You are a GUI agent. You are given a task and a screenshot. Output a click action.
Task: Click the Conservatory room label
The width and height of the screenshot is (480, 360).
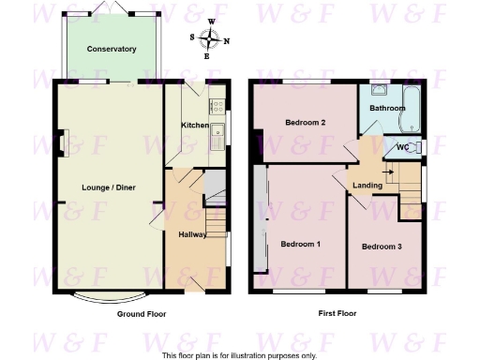(112, 49)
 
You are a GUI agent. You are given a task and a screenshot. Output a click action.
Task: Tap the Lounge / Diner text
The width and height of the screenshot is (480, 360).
(105, 188)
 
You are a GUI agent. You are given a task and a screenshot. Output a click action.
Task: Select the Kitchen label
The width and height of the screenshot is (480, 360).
(194, 125)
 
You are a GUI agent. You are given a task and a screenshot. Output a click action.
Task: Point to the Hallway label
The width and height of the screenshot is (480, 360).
(192, 233)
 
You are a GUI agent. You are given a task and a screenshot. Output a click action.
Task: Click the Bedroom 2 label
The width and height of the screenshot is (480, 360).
(305, 123)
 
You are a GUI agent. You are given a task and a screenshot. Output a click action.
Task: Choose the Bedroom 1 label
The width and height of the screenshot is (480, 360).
(301, 245)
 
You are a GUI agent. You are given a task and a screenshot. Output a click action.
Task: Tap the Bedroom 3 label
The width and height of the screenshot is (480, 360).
(382, 247)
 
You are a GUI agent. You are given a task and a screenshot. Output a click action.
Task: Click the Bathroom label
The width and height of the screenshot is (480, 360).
(387, 108)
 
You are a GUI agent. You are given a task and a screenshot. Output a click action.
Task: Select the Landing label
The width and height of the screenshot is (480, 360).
(367, 186)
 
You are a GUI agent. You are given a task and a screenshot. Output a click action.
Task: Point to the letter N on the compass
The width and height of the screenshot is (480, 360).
(227, 39)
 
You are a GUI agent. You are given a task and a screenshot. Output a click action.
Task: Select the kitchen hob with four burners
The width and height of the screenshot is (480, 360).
(217, 107)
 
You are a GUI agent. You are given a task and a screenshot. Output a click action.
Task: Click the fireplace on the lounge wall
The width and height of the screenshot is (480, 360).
(61, 144)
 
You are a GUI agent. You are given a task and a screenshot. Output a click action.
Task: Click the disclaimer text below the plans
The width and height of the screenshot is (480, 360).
(239, 355)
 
